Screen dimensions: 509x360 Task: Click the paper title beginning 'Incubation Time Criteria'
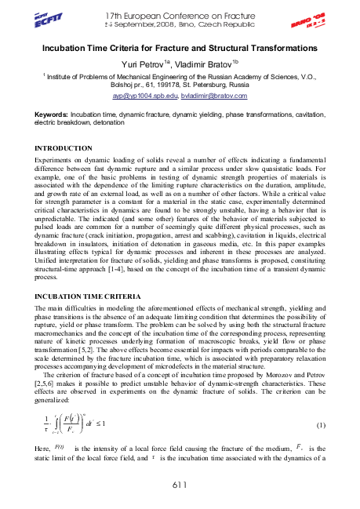(x=179, y=49)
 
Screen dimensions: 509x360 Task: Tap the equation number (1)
(x=320, y=424)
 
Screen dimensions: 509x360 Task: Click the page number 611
(x=180, y=487)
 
